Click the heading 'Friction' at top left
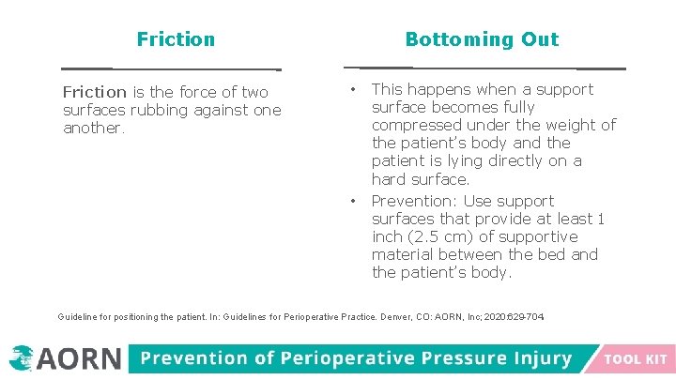coord(176,39)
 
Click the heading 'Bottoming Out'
coord(482,39)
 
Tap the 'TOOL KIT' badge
coord(636,359)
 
